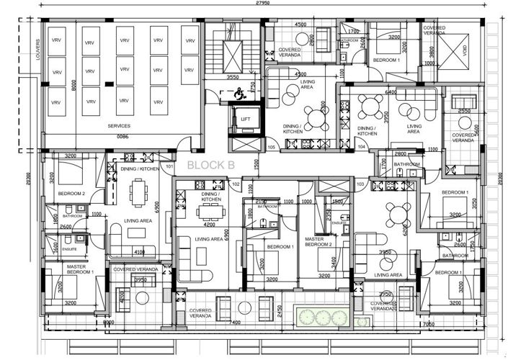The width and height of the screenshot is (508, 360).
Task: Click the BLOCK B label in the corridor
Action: (x=211, y=165)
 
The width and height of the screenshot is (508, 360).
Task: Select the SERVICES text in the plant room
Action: (x=119, y=125)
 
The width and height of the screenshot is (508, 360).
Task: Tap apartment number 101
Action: (x=169, y=167)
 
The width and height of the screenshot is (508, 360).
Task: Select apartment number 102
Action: (x=236, y=184)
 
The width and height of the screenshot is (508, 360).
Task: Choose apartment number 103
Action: (x=360, y=184)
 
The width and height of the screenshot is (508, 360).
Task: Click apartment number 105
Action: (x=272, y=147)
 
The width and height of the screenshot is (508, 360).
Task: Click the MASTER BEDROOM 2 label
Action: (x=318, y=241)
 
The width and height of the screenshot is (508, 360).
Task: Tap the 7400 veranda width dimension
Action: (x=235, y=324)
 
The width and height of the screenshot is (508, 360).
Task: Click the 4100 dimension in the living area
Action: (x=140, y=252)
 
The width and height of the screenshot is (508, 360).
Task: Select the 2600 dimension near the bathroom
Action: (x=66, y=226)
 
